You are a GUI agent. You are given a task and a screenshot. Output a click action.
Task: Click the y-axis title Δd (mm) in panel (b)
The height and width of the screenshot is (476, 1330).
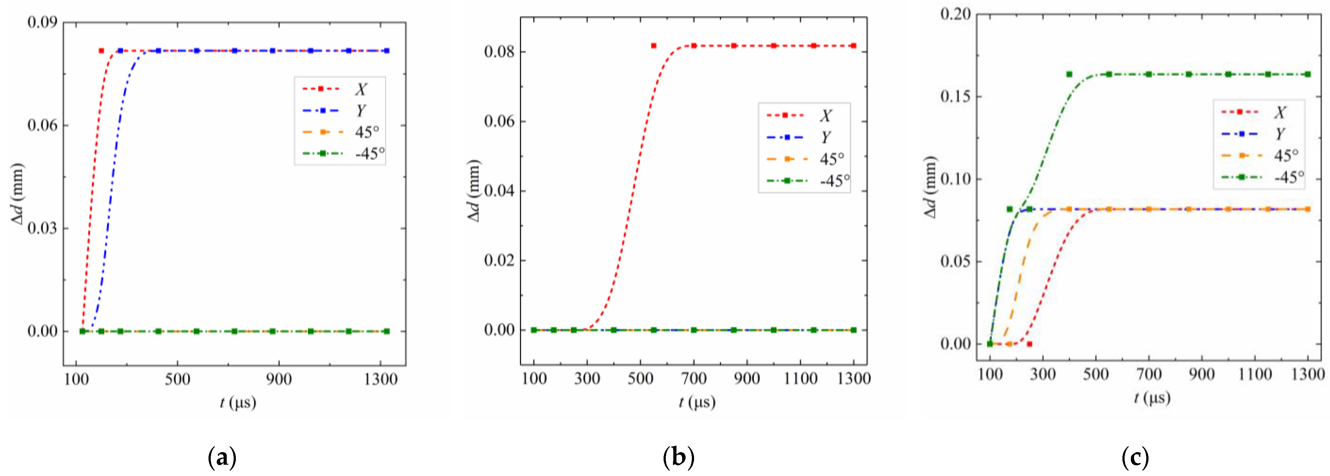474,191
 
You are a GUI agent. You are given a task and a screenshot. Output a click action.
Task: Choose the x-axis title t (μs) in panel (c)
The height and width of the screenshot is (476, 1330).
1152,398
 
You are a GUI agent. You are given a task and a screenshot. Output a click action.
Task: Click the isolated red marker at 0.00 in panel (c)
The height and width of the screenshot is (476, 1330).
1029,344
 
